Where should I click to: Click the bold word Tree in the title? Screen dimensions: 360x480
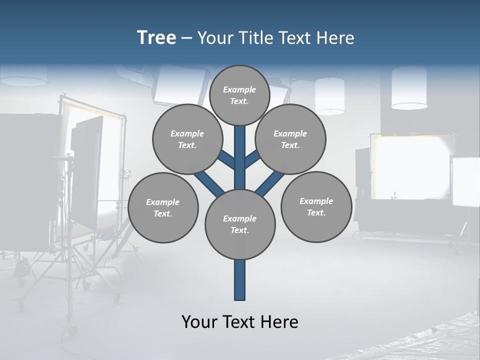156,38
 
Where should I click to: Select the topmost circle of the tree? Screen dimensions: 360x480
239,95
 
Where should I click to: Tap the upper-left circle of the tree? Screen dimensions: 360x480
187,139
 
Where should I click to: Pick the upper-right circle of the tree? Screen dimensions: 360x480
290,139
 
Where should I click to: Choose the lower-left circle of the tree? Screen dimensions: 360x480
162,207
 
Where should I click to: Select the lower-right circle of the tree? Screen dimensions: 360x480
316,206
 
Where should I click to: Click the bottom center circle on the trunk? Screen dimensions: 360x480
240,224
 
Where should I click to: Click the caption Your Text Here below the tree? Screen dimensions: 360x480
240,322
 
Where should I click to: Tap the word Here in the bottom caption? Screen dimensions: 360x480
280,322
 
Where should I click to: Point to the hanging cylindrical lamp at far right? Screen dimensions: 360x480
409,87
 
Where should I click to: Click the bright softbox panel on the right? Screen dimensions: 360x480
405,167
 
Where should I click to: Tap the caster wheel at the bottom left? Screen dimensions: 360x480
73,330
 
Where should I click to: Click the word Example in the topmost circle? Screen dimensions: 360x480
239,89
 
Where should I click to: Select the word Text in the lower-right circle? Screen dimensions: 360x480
316,212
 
